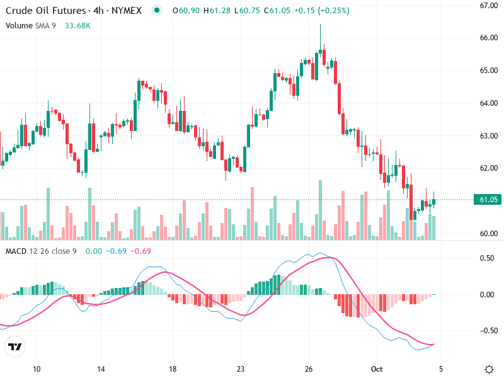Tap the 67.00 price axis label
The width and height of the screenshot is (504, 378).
489,6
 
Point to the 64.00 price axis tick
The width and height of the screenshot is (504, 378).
489,103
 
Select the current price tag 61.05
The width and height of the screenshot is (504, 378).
489,200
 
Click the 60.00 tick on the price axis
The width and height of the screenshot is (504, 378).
489,234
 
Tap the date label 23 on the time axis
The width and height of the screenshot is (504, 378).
240,369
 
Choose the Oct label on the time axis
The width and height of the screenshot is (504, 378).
377,369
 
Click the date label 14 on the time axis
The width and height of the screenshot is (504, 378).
101,369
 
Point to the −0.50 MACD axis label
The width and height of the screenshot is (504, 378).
487,331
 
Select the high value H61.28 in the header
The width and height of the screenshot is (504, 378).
217,11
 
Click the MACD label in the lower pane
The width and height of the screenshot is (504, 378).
16,251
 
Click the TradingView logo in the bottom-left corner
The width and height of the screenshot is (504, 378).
15,346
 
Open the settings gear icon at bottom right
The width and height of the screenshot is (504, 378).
489,369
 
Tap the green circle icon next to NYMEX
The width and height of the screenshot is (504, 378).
157,11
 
